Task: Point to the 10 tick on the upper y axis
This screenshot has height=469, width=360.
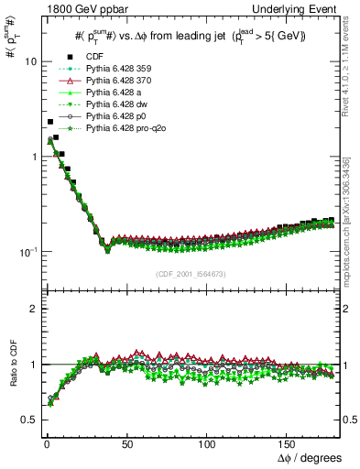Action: click(29, 61)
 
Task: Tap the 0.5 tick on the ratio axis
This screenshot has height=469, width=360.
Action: click(27, 420)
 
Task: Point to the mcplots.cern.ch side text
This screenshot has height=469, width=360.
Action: click(351, 238)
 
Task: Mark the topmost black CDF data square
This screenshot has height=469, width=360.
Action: click(49, 122)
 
